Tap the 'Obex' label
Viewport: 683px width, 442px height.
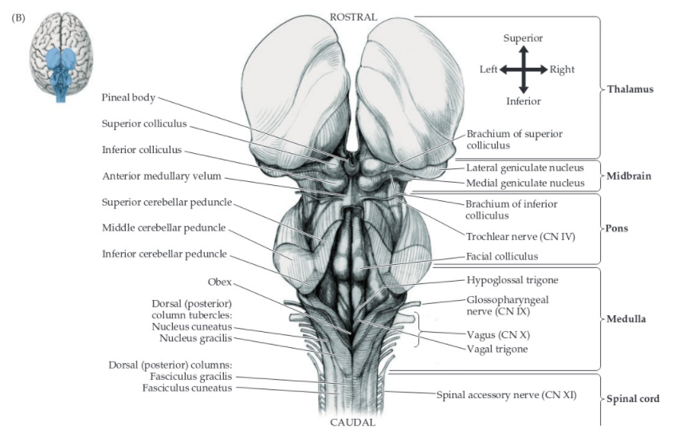[219, 281]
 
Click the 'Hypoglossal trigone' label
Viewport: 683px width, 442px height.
[512, 280]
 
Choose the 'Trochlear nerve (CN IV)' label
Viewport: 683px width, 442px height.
[520, 236]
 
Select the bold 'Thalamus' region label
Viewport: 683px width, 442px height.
[630, 89]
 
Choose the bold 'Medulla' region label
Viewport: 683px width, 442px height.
[625, 319]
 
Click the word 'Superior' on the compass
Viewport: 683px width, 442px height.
[523, 37]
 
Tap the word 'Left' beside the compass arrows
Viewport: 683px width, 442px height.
[488, 69]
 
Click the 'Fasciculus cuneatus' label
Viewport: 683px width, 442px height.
[186, 388]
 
